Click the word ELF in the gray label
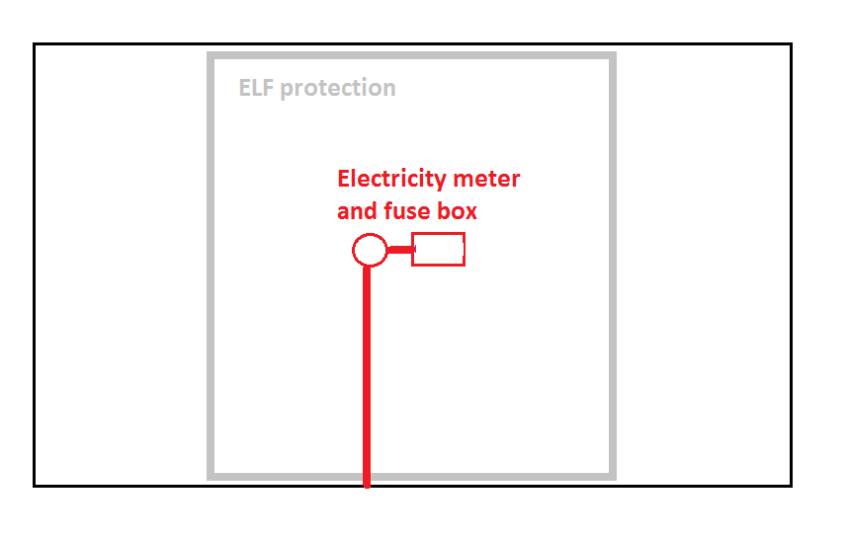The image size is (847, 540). click(x=256, y=88)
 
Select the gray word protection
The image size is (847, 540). click(x=338, y=89)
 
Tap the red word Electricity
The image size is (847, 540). click(x=391, y=180)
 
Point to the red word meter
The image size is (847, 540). click(x=486, y=179)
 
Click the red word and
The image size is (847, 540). click(x=357, y=211)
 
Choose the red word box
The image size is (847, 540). click(x=457, y=211)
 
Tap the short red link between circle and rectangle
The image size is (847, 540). click(x=399, y=249)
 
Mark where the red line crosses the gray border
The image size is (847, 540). click(x=367, y=477)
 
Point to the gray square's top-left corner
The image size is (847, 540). click(x=211, y=55)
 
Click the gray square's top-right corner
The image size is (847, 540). click(x=613, y=55)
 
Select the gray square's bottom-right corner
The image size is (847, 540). click(x=613, y=477)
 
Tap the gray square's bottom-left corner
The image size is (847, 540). click(x=211, y=477)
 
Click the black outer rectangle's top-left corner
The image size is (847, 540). click(x=34, y=44)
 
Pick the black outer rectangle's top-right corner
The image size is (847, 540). click(x=792, y=44)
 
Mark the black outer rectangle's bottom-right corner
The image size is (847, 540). click(x=792, y=486)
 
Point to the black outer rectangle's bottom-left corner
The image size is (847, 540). click(x=34, y=486)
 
